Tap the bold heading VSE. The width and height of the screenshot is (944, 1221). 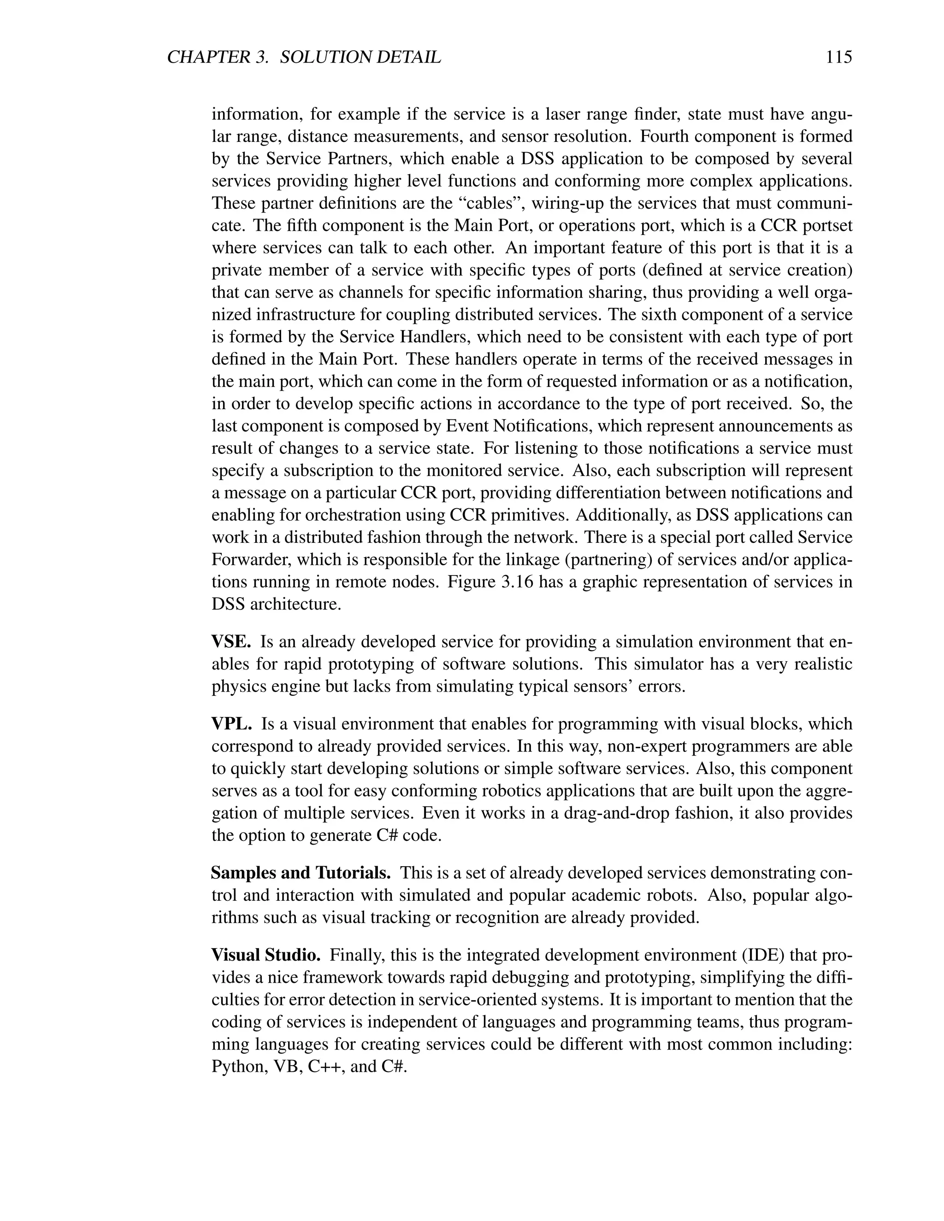(231, 642)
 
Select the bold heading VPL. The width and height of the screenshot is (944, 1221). (231, 724)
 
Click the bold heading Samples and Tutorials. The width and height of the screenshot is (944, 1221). (301, 873)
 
